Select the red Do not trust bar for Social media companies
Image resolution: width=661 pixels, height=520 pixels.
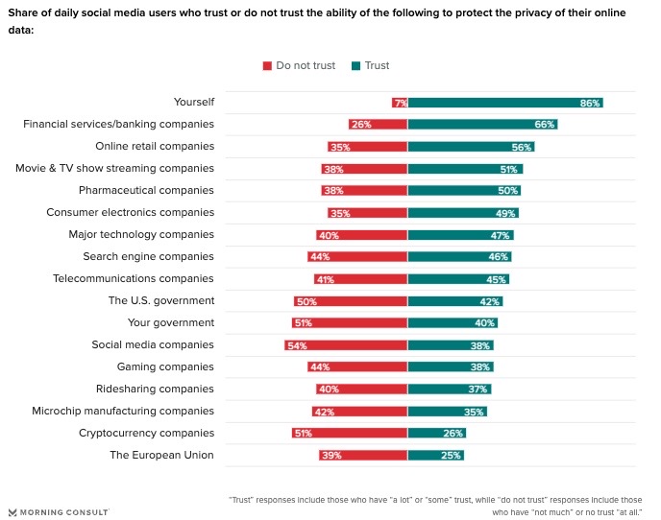346,344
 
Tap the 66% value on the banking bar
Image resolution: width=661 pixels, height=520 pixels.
544,125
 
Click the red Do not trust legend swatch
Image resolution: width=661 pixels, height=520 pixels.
268,66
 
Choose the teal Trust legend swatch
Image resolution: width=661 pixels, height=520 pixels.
356,66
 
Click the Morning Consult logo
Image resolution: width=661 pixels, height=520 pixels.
58,511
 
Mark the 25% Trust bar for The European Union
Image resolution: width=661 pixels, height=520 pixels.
436,455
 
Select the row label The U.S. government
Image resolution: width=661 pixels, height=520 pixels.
160,300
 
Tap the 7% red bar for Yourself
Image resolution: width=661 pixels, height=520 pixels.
400,103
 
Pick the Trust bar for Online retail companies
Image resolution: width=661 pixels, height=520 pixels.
471,147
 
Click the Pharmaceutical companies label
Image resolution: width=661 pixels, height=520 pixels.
146,190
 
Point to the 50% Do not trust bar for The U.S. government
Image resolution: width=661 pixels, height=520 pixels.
351,300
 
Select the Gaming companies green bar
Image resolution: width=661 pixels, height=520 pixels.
451,366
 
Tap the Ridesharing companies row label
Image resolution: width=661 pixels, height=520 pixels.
155,389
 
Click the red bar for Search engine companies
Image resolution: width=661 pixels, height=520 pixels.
357,256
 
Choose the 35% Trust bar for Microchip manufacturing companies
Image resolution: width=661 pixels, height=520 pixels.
447,411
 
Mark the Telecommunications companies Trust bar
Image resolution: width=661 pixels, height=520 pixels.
458,278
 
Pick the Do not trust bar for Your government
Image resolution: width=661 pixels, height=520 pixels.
350,322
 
